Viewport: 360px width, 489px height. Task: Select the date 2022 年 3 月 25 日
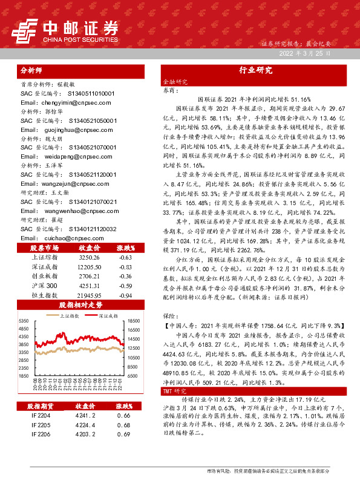pos(304,54)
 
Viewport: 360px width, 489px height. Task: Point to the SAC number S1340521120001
pos(92,191)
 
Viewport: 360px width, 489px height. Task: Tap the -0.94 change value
pos(126,295)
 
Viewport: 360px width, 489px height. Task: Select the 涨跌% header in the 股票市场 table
pos(126,248)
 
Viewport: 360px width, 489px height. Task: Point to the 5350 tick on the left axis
pos(24,321)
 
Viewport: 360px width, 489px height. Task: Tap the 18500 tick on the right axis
pos(134,321)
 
